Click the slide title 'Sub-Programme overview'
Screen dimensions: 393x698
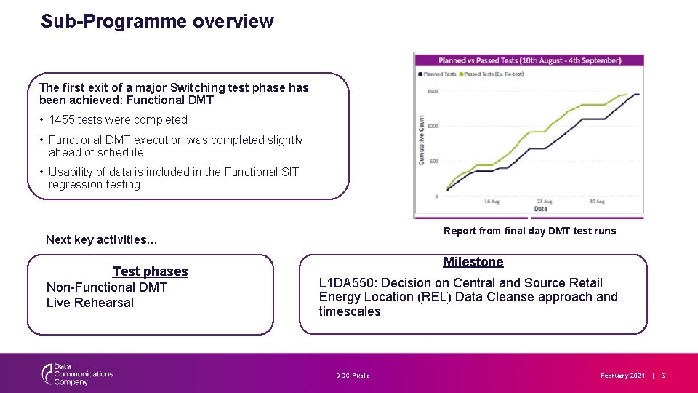tap(157, 21)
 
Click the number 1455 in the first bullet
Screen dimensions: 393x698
tap(63, 119)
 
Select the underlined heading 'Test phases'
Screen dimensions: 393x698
tap(150, 271)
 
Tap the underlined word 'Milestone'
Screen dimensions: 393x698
tap(473, 262)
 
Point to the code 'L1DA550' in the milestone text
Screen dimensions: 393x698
tap(346, 283)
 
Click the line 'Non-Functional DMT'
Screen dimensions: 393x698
tap(107, 287)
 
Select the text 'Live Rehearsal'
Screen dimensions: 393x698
tap(90, 303)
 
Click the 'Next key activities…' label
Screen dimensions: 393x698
tap(101, 239)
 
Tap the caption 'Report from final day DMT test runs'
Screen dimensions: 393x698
tap(529, 231)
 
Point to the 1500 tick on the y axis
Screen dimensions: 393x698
tap(433, 92)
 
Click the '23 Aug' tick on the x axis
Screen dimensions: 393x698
tap(543, 201)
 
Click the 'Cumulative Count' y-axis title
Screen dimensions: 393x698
tap(422, 138)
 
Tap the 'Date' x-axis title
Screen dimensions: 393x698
tap(540, 209)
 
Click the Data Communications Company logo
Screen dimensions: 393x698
tap(76, 374)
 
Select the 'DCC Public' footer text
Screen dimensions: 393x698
tap(353, 376)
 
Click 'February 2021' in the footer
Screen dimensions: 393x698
tap(622, 376)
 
